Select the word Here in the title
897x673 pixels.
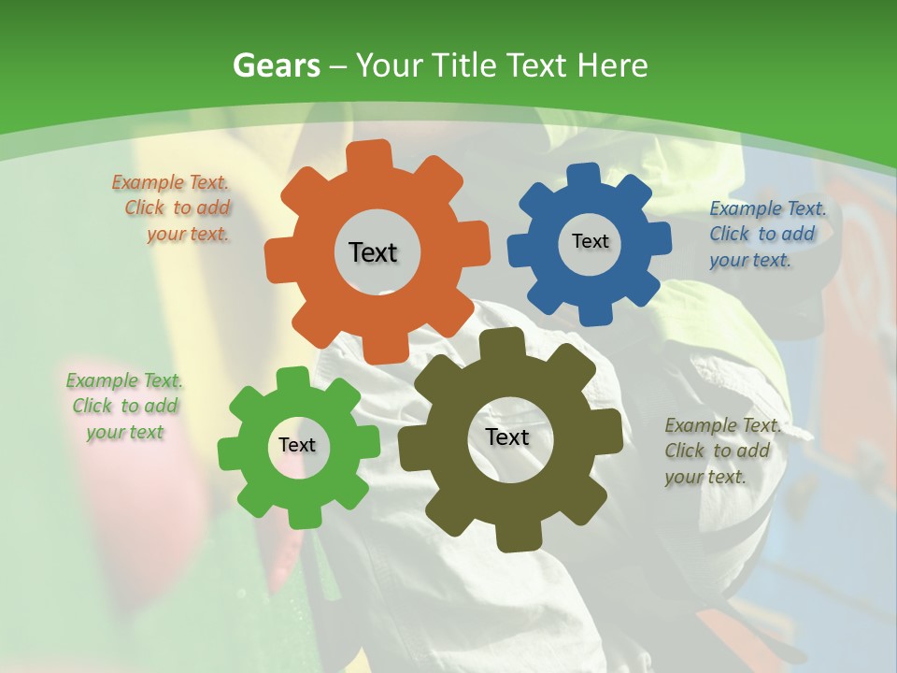point(613,66)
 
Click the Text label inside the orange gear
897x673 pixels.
point(373,252)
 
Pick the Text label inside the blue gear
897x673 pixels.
point(590,241)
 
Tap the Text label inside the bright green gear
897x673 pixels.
point(297,446)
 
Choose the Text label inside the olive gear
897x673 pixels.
point(507,437)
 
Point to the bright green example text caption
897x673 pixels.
point(124,406)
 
